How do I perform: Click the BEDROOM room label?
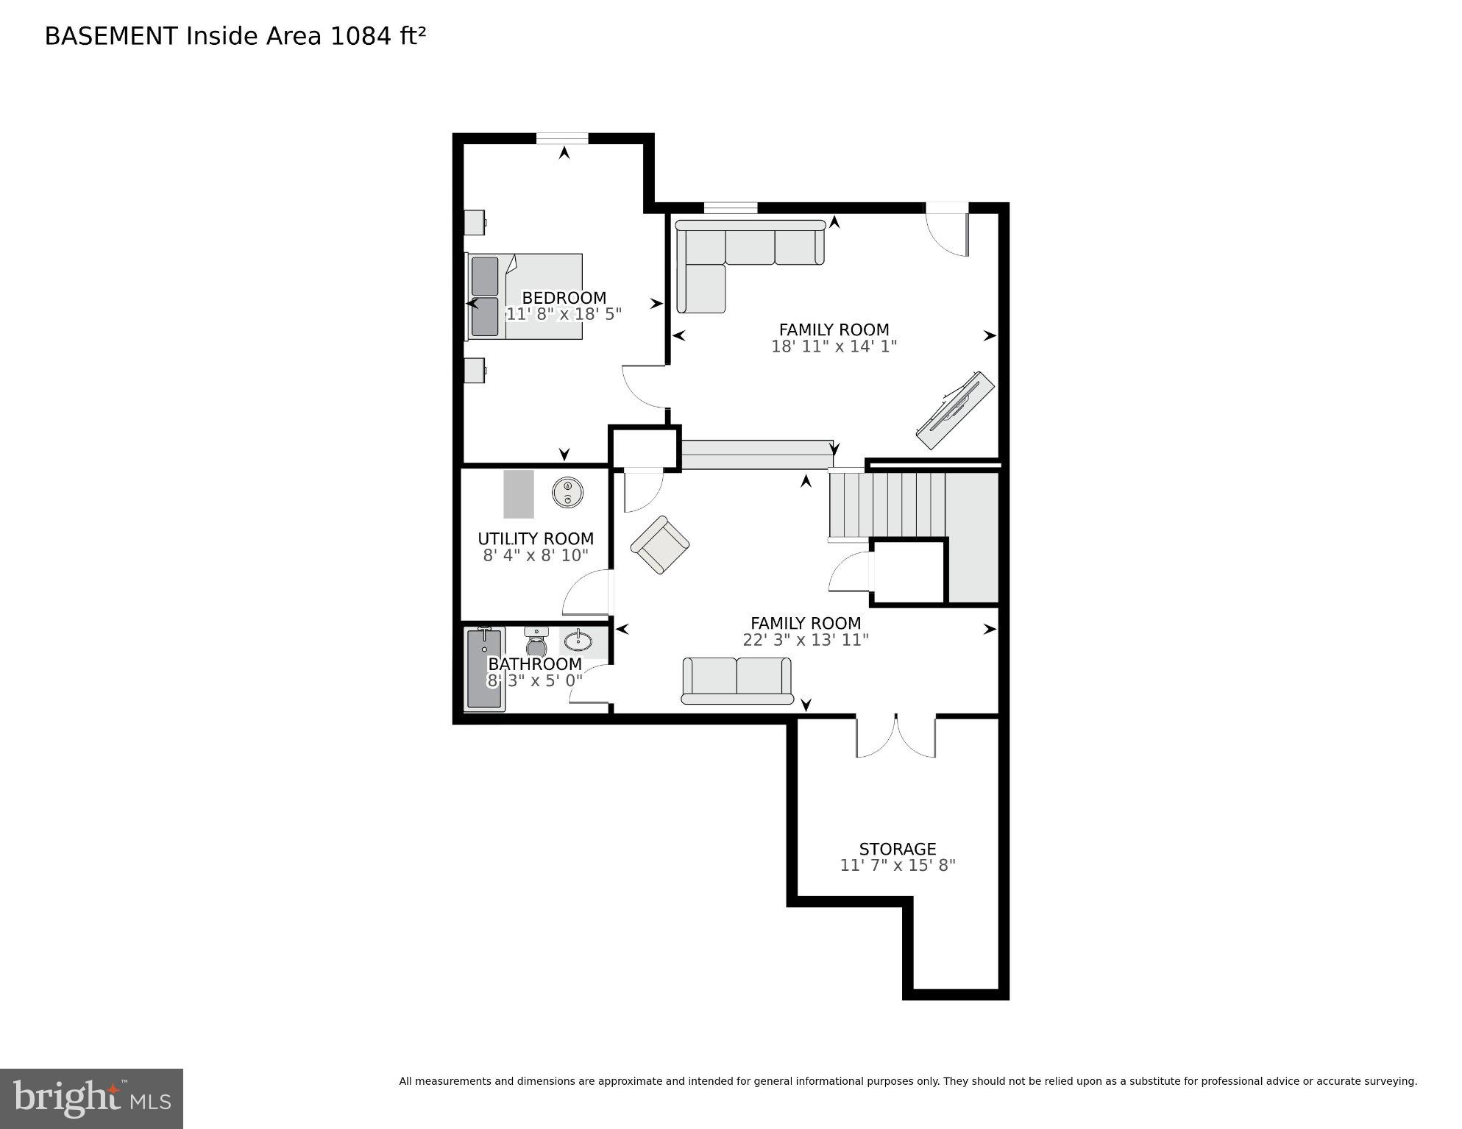[564, 298]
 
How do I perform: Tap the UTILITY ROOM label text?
[535, 538]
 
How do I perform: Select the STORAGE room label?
[897, 849]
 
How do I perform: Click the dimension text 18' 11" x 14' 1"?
[834, 346]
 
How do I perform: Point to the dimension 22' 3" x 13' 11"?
[805, 640]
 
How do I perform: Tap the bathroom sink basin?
[578, 641]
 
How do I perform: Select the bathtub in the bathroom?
[484, 669]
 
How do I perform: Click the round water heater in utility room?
[567, 491]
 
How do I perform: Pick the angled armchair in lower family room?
[660, 545]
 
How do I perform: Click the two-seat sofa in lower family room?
[737, 680]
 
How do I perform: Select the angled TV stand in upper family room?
[954, 410]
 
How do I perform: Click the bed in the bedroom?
[525, 296]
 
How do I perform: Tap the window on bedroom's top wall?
[561, 138]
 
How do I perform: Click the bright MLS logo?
[91, 1098]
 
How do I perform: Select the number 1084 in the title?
[361, 36]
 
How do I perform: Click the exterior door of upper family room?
[946, 229]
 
